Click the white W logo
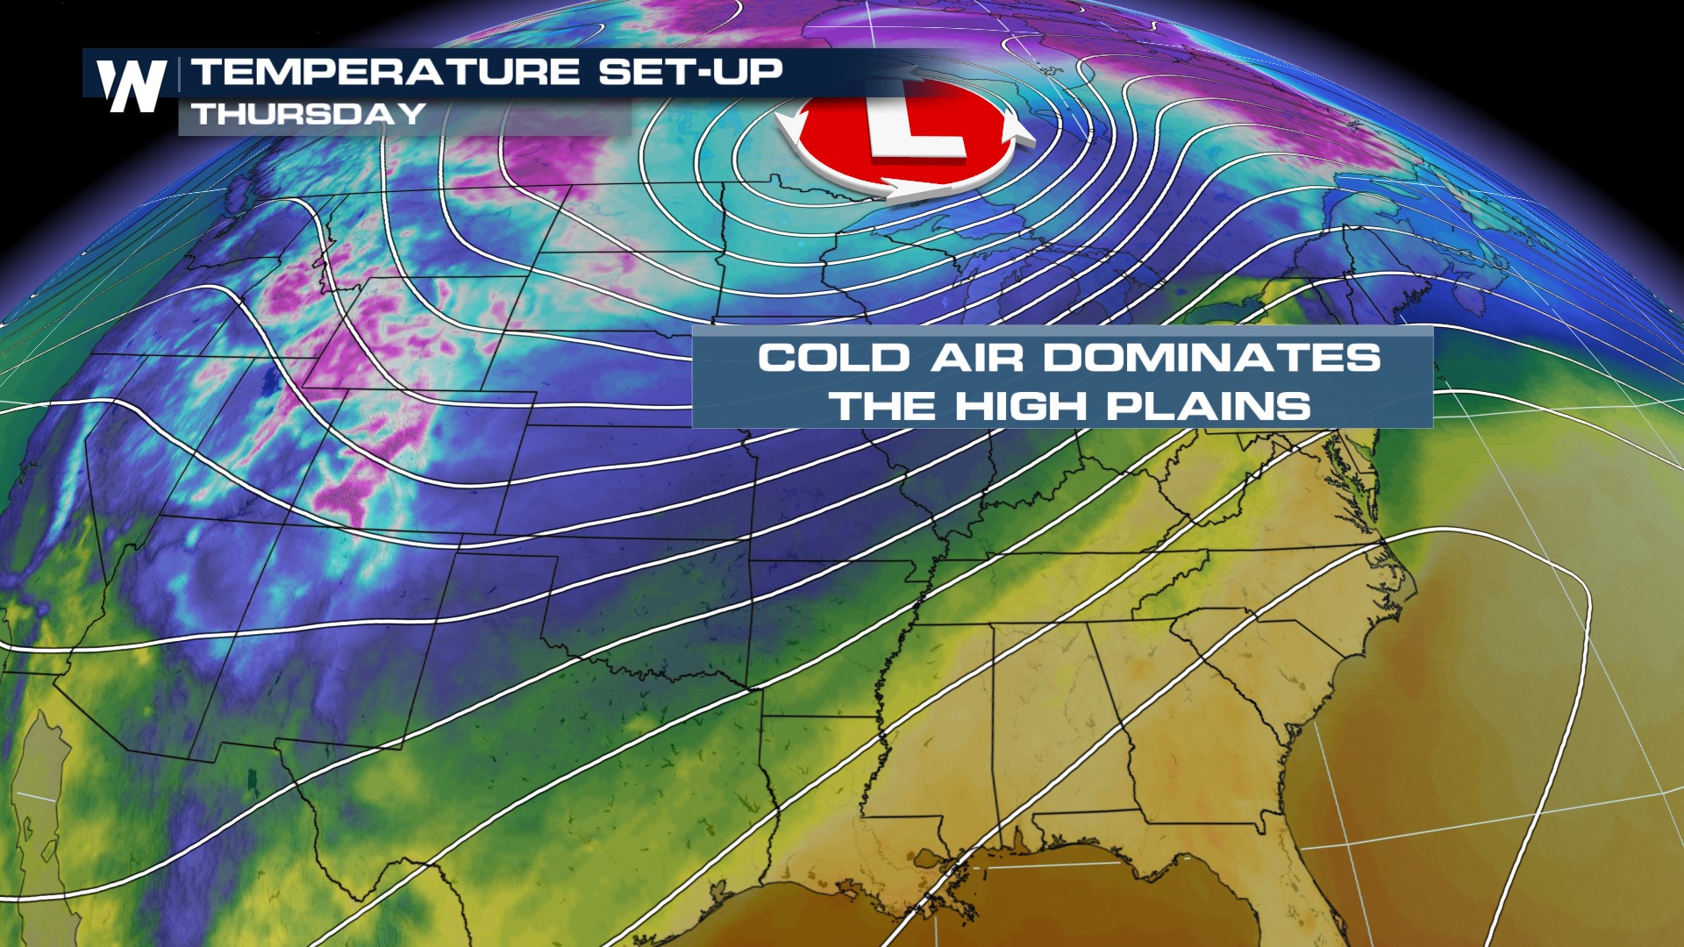pos(132,85)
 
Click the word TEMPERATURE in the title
pos(386,72)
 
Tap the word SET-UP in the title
pos(690,72)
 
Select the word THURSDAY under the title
pos(309,114)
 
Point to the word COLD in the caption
pos(833,358)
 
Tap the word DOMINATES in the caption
pos(1211,358)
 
